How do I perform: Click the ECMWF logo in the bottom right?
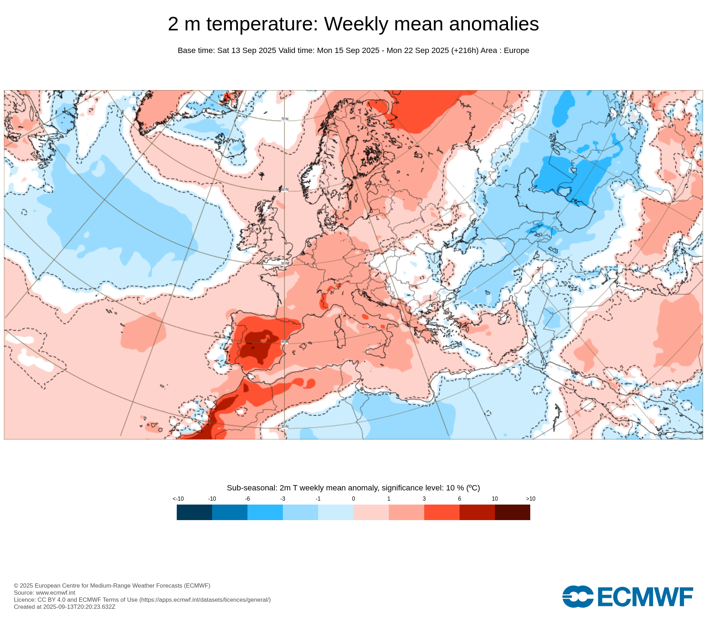coord(627,597)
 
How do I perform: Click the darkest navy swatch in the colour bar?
coord(194,512)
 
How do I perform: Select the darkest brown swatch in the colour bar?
coord(512,512)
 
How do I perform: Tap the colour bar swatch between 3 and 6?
coord(442,512)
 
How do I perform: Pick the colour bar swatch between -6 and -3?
coord(265,512)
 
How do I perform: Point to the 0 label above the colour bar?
coord(353,499)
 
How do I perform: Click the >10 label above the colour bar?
coord(530,499)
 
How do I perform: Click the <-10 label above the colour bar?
coord(178,499)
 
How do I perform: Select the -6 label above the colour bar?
coord(247,499)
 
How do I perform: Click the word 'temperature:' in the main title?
coord(262,24)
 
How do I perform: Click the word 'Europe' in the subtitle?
coord(516,51)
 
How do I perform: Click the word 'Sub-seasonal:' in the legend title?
coord(252,488)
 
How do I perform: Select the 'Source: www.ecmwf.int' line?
coord(45,593)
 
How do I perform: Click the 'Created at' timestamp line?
coord(64,607)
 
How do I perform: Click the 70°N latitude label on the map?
coord(285,119)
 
